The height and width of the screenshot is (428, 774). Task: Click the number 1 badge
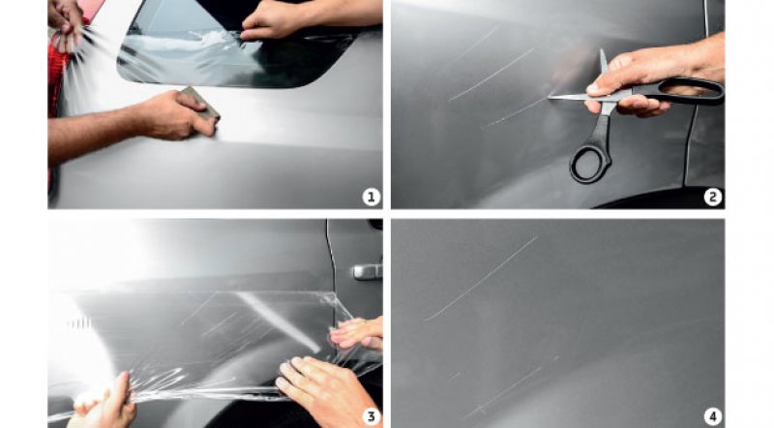(x=372, y=198)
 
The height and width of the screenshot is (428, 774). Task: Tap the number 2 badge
(x=712, y=198)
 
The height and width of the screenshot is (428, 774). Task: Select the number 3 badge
(x=372, y=416)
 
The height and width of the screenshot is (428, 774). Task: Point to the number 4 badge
(x=712, y=416)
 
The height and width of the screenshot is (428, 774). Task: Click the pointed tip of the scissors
(x=549, y=98)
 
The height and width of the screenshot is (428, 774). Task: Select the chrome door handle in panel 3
(x=367, y=272)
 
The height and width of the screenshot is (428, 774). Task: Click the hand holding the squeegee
(x=173, y=115)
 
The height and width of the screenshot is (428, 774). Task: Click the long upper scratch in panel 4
(x=481, y=279)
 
